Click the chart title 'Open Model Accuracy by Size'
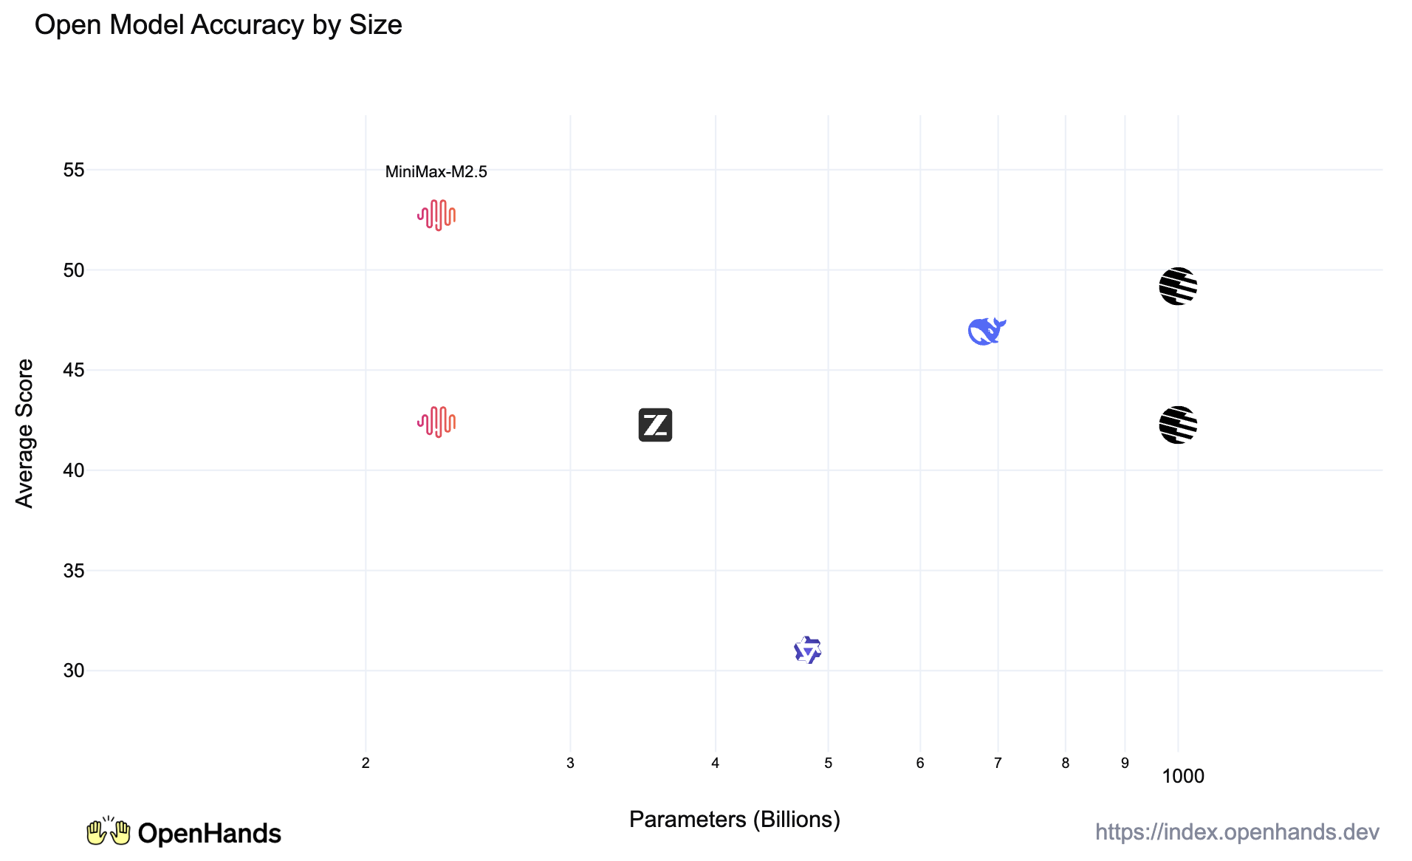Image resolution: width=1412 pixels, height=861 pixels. (x=218, y=25)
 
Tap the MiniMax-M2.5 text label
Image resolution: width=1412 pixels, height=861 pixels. (x=436, y=172)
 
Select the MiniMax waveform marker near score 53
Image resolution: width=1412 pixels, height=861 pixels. (x=436, y=216)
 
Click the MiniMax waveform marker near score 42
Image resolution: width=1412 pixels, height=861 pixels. (x=436, y=422)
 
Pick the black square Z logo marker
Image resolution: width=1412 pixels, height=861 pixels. (x=655, y=425)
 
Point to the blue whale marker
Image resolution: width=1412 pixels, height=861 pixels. (x=986, y=332)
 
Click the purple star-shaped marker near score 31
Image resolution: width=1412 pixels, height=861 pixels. (x=807, y=650)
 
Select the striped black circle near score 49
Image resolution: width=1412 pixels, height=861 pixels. (x=1177, y=287)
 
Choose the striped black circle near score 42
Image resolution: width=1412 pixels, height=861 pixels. (x=1177, y=425)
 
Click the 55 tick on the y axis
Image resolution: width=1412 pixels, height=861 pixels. (x=74, y=171)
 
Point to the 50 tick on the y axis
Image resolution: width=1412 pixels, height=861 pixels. (x=74, y=270)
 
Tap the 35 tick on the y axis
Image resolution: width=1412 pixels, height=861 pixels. (x=74, y=571)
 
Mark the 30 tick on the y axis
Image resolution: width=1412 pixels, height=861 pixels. (x=74, y=670)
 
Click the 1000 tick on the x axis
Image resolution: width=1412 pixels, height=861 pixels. (x=1182, y=776)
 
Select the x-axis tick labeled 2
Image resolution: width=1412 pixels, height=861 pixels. (x=366, y=764)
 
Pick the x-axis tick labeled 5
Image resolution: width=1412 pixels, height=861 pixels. (x=828, y=764)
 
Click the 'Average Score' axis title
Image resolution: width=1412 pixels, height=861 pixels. (x=24, y=433)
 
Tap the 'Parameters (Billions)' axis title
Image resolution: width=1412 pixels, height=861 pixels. (x=734, y=820)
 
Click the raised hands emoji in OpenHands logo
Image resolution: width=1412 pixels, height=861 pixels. (x=108, y=832)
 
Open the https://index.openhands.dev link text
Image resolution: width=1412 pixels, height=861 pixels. (x=1237, y=832)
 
